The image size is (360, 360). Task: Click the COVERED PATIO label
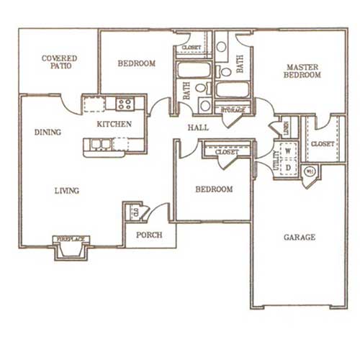point(59,61)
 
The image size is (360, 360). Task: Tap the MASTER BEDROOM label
point(301,70)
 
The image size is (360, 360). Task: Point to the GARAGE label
point(298,237)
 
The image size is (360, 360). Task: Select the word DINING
point(47,132)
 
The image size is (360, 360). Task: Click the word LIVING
point(66,191)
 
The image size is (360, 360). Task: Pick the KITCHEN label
point(114,124)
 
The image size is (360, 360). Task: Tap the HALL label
point(198,127)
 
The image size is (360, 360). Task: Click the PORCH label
point(150,235)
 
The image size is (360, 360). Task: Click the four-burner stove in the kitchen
point(124,104)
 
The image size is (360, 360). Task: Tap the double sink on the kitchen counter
point(100,144)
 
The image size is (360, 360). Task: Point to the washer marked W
point(287,152)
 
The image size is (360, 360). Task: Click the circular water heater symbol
point(310,171)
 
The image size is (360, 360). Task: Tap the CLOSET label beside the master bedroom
point(322,144)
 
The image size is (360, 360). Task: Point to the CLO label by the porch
point(133,212)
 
